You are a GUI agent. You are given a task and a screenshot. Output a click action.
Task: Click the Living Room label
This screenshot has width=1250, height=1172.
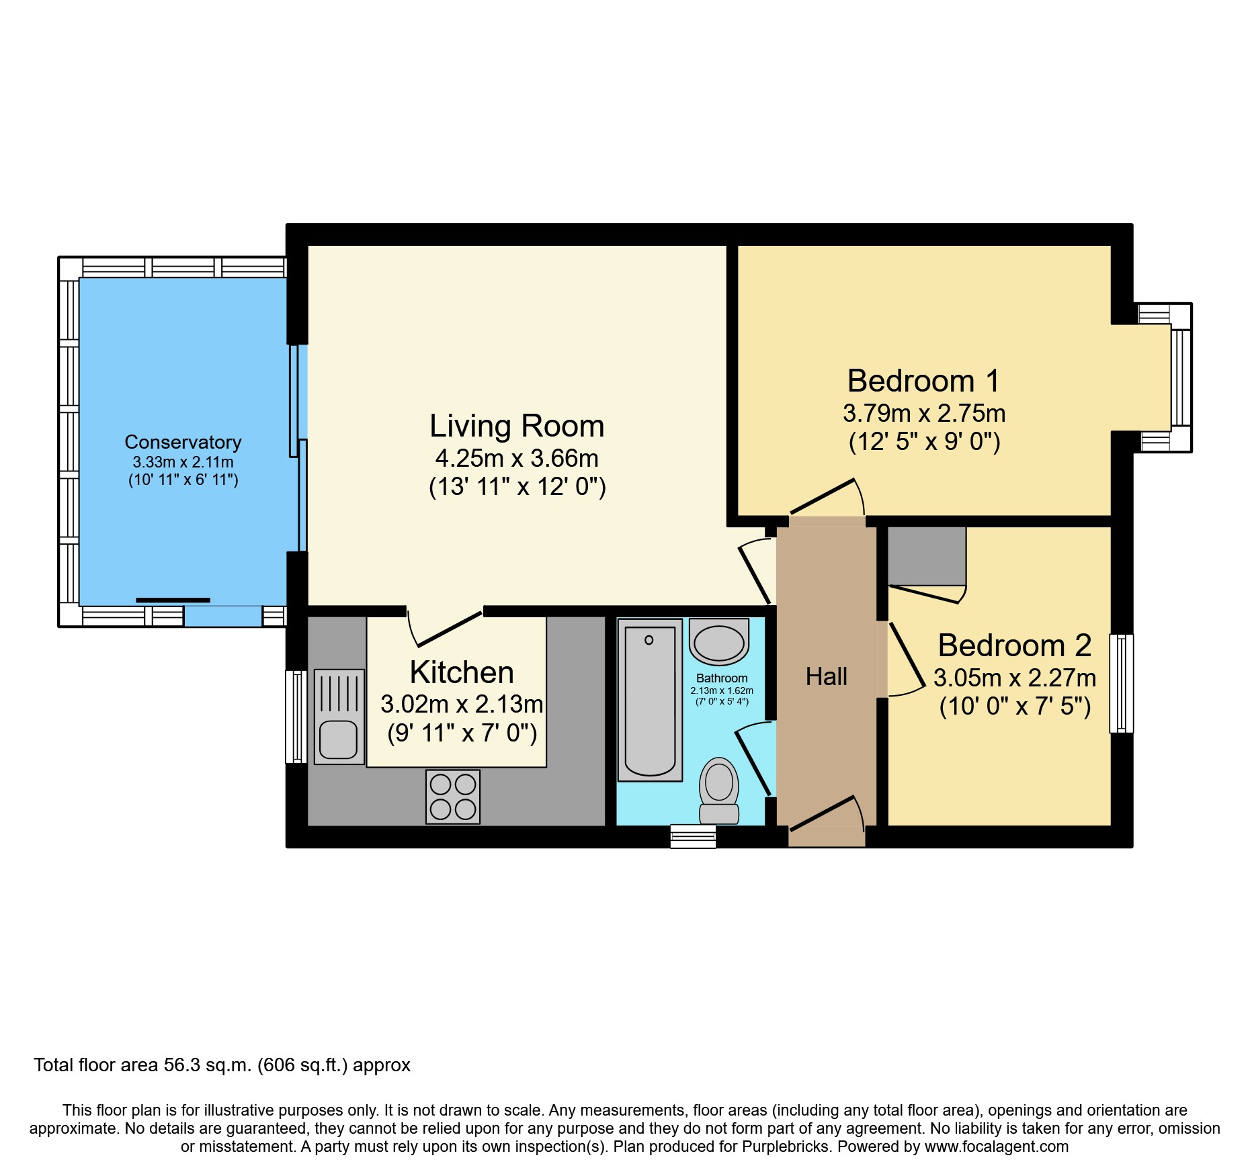[x=517, y=426]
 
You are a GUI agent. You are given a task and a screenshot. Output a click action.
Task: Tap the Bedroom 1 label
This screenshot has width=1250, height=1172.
[x=923, y=381]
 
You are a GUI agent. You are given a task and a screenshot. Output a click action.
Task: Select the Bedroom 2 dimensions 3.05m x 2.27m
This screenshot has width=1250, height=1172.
[x=1014, y=678]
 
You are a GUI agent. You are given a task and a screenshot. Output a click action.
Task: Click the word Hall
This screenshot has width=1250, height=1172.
[x=826, y=676]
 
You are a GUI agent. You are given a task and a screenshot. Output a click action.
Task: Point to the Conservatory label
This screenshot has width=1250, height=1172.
[x=183, y=442]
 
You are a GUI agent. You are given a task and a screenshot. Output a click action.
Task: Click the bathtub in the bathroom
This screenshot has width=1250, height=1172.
[x=649, y=700]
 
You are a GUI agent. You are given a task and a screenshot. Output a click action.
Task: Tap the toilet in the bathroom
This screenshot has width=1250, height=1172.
[x=719, y=791]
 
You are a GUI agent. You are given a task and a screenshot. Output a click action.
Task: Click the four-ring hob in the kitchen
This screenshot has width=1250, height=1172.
[x=453, y=797]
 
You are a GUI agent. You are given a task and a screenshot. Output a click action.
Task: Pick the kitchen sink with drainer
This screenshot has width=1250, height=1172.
[x=339, y=717]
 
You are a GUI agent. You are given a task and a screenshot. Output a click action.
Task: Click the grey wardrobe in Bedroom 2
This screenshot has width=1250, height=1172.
[x=927, y=555]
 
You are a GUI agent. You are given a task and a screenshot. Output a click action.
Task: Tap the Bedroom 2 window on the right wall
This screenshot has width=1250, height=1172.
[x=1121, y=683]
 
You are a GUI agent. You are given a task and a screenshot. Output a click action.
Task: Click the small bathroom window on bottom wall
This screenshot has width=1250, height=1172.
[x=693, y=836]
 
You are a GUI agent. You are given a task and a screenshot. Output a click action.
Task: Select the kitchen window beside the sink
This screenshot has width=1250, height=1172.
[x=296, y=717]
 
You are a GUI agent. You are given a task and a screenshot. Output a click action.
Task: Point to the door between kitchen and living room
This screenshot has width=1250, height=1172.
[x=445, y=628]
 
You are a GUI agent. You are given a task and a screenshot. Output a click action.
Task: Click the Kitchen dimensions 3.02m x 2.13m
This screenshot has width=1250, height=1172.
[x=462, y=704]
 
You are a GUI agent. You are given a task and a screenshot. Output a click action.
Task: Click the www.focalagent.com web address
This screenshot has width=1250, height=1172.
[x=996, y=1146]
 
